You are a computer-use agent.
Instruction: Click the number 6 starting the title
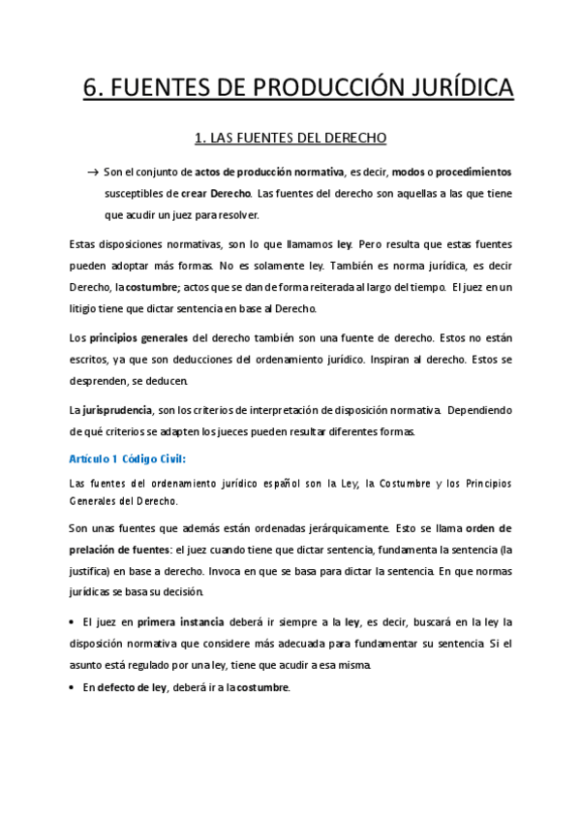point(90,89)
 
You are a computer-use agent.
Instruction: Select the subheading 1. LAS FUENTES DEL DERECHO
point(290,140)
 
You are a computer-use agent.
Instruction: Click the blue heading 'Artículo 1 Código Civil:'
point(128,458)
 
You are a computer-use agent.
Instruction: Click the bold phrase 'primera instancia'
point(181,621)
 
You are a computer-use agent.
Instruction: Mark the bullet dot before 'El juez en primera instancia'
point(75,621)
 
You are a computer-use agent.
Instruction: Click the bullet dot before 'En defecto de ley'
point(75,687)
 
